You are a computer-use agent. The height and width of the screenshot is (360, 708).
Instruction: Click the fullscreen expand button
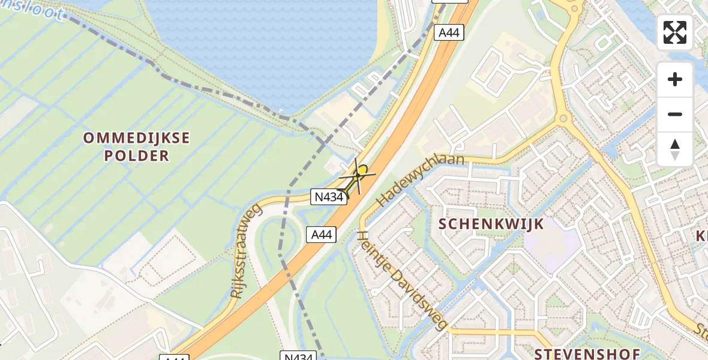[675, 32]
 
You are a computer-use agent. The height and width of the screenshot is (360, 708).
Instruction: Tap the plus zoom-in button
[675, 80]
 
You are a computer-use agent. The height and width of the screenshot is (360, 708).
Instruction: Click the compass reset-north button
[675, 149]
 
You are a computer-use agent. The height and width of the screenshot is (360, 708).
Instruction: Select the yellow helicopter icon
[358, 178]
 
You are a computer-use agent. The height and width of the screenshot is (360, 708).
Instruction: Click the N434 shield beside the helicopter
[328, 197]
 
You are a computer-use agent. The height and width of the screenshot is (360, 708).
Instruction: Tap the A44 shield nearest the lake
[449, 32]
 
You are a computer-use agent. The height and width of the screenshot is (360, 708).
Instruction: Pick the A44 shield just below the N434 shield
[321, 235]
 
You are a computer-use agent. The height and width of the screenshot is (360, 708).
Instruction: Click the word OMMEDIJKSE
[136, 138]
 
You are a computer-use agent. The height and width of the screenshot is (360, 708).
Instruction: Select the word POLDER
[136, 156]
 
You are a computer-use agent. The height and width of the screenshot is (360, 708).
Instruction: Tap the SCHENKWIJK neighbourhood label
[491, 224]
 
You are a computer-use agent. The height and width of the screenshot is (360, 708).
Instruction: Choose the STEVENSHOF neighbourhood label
[587, 353]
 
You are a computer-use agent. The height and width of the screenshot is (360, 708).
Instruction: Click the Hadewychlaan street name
[421, 180]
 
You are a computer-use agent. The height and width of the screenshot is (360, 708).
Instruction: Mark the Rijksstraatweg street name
[246, 251]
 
